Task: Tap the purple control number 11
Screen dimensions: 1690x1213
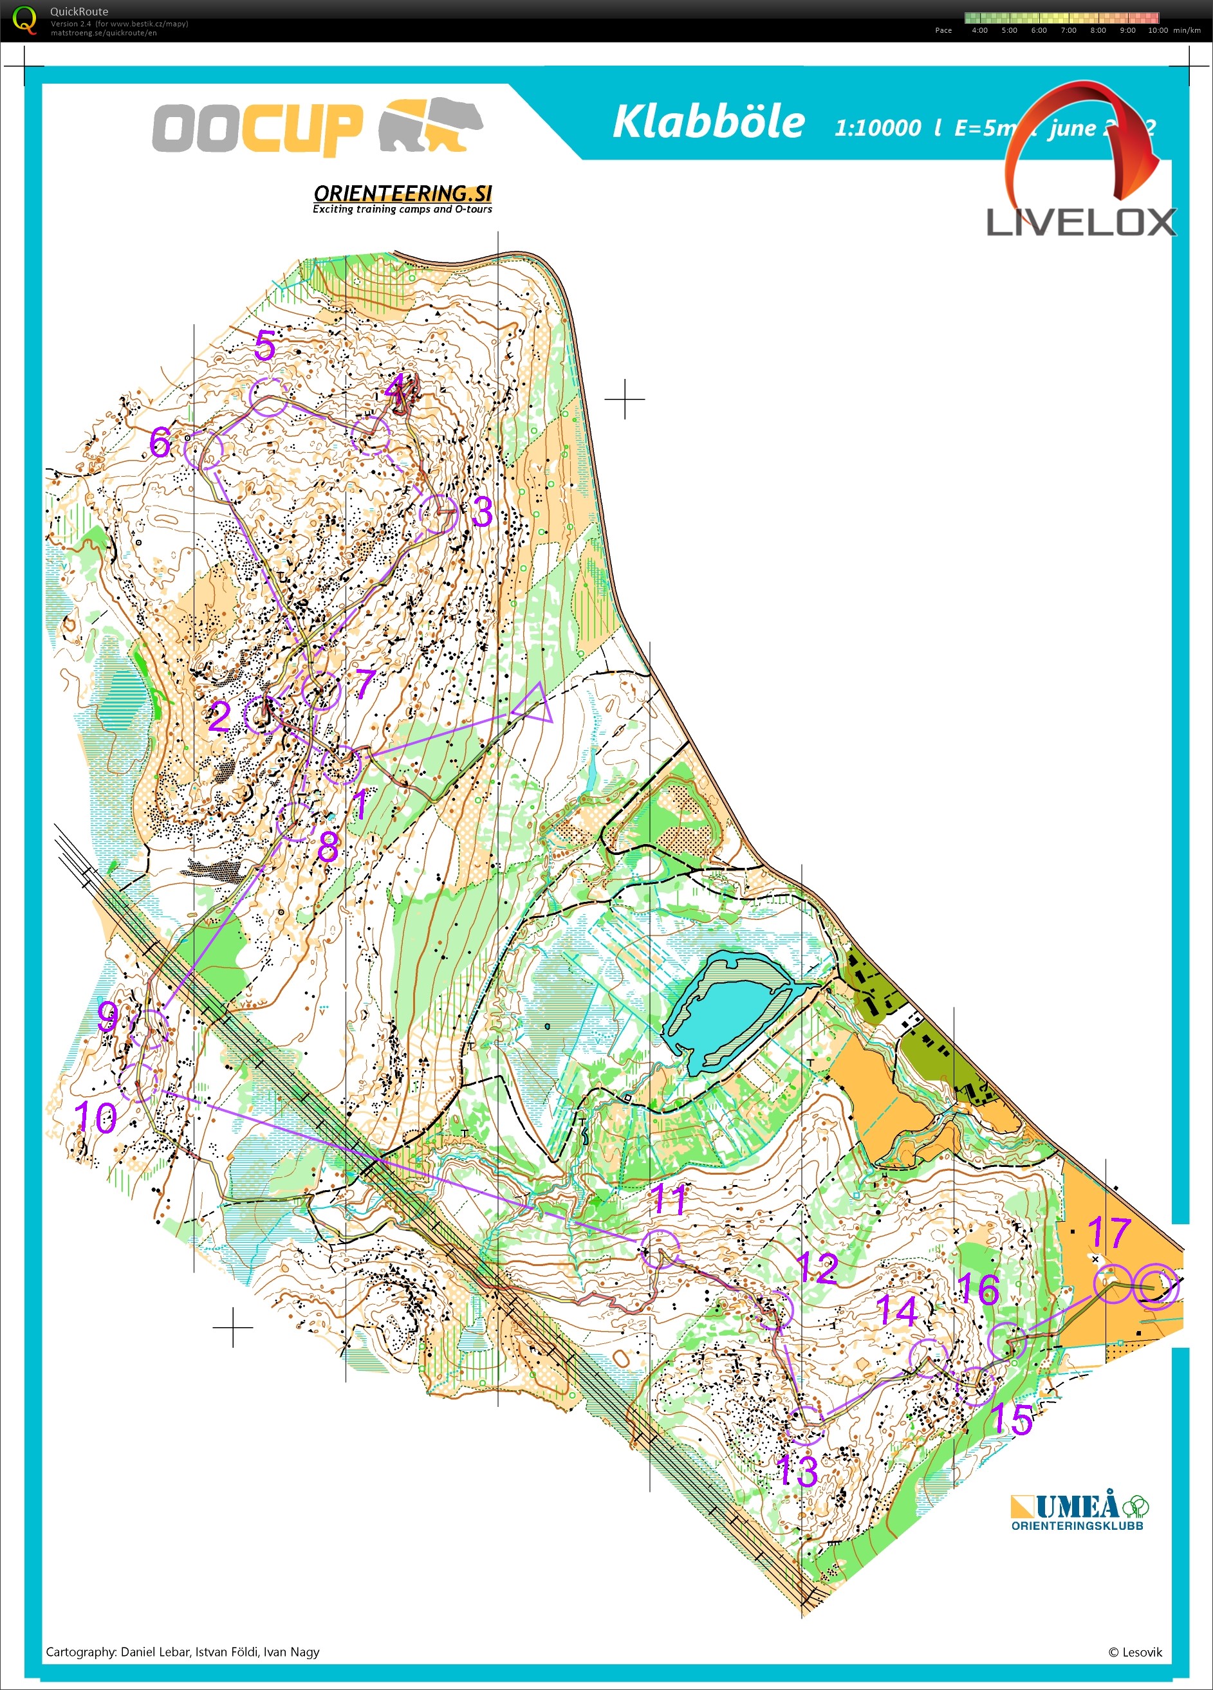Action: click(668, 1200)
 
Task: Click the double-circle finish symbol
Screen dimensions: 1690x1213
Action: click(1155, 1285)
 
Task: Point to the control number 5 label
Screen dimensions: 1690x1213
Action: click(264, 345)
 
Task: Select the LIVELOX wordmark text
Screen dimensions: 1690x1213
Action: click(1080, 222)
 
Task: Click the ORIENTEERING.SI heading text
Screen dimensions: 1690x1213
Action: click(403, 194)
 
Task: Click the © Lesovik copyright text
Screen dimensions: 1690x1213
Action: click(1134, 1652)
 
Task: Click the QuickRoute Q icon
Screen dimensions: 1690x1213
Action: click(24, 19)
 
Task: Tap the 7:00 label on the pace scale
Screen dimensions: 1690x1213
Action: click(1068, 30)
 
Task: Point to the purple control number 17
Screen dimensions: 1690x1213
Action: click(1109, 1233)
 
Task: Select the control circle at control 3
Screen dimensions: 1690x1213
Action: click(438, 514)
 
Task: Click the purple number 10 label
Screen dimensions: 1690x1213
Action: click(95, 1117)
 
